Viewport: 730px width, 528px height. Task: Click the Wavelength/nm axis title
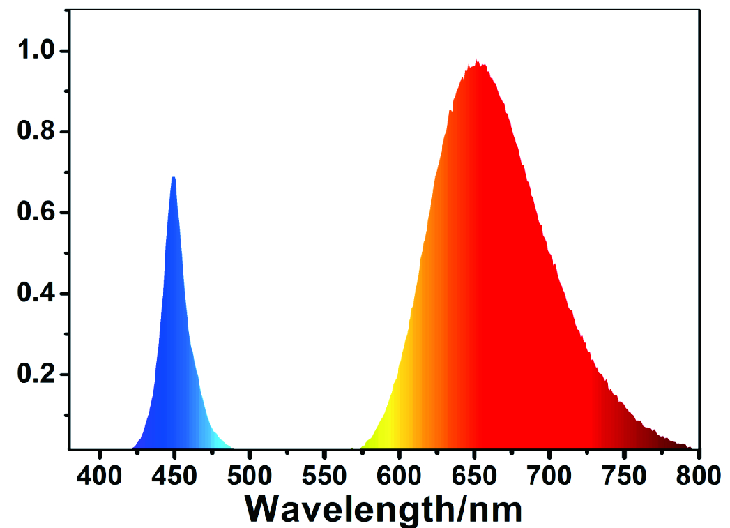point(384,508)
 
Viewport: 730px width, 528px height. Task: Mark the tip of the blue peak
point(174,179)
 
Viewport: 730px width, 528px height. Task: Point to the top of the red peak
point(476,61)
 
